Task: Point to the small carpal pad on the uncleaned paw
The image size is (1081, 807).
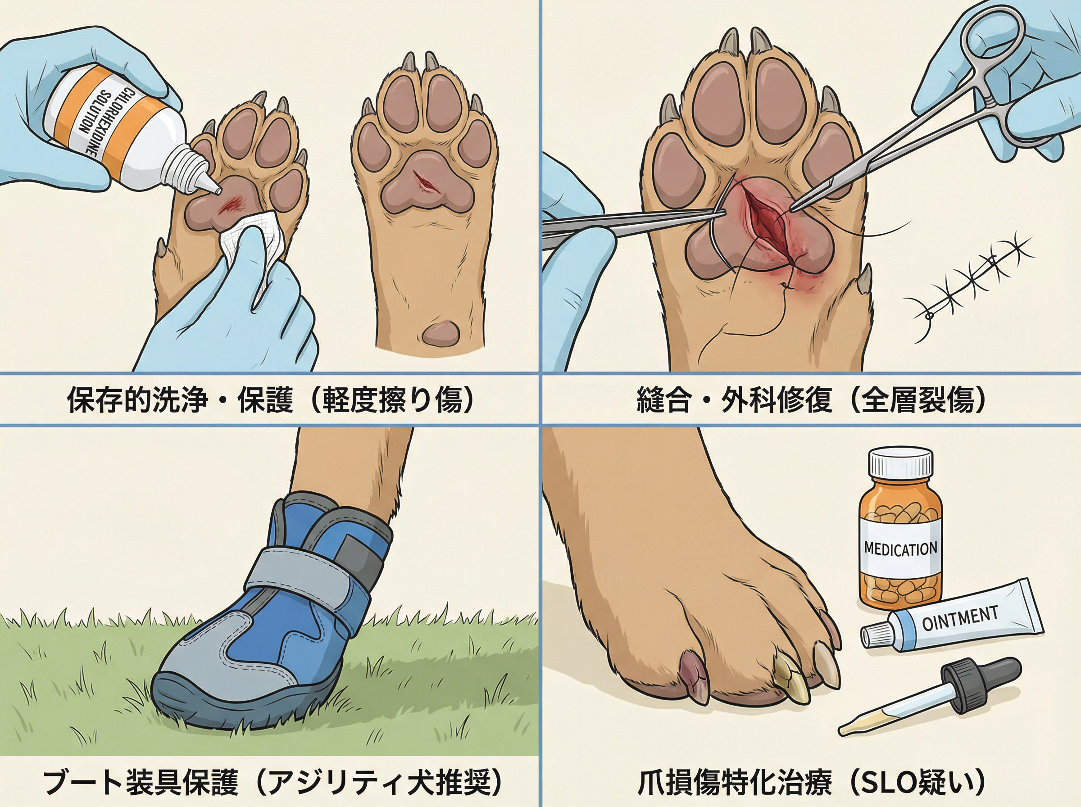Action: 441,333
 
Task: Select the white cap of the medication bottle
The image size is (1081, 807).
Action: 900,463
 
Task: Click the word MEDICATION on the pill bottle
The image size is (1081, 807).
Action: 900,549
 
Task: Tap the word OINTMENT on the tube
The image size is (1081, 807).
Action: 959,617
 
